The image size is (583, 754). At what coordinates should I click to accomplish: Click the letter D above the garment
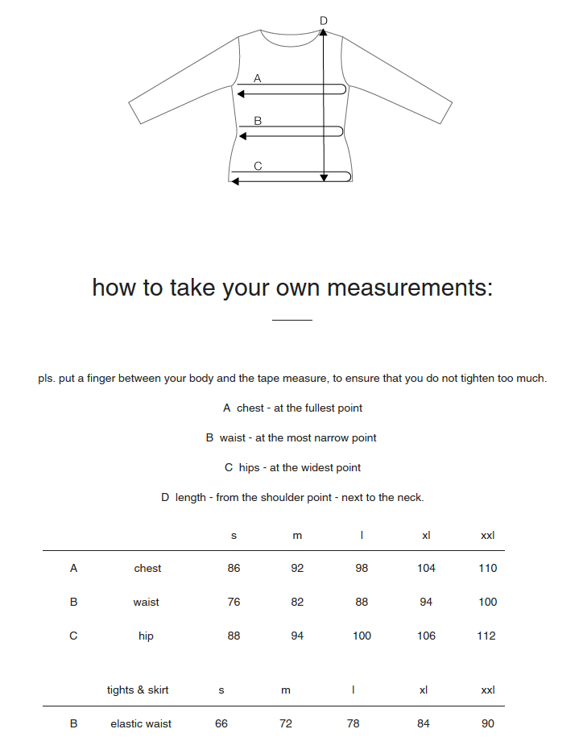pyautogui.click(x=324, y=21)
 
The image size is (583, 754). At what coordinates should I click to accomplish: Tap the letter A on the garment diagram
pyautogui.click(x=258, y=79)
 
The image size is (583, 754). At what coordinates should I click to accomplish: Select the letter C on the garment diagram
pyautogui.click(x=258, y=167)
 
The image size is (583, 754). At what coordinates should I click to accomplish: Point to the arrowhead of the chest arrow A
pyautogui.click(x=241, y=94)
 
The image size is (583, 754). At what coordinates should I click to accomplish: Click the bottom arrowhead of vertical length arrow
pyautogui.click(x=324, y=178)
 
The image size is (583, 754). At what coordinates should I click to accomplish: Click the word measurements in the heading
pyautogui.click(x=407, y=288)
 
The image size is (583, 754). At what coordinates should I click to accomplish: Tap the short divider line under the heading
pyautogui.click(x=291, y=321)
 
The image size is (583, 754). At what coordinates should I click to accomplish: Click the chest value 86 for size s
pyautogui.click(x=234, y=569)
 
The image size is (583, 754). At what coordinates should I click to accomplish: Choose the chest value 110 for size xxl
pyautogui.click(x=488, y=569)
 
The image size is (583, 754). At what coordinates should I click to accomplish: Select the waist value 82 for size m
pyautogui.click(x=297, y=603)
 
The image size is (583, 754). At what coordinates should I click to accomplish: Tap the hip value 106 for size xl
pyautogui.click(x=426, y=636)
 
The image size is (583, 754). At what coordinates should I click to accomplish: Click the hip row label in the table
pyautogui.click(x=146, y=636)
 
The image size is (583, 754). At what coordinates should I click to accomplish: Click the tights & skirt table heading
pyautogui.click(x=138, y=690)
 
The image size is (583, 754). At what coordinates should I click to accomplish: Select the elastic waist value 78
pyautogui.click(x=353, y=724)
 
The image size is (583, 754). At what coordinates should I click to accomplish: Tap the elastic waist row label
pyautogui.click(x=141, y=724)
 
